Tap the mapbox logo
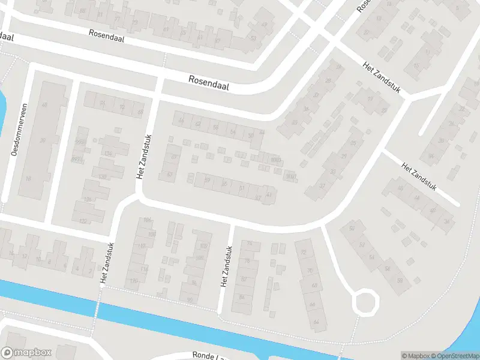(26, 353)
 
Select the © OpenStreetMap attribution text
(454, 356)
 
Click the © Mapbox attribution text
(414, 356)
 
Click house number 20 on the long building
(43, 140)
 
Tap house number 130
(103, 176)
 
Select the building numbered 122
(83, 221)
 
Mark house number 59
(208, 179)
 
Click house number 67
(175, 157)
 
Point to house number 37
(322, 186)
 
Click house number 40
(433, 210)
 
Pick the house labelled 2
(89, 269)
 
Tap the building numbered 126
(88, 199)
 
